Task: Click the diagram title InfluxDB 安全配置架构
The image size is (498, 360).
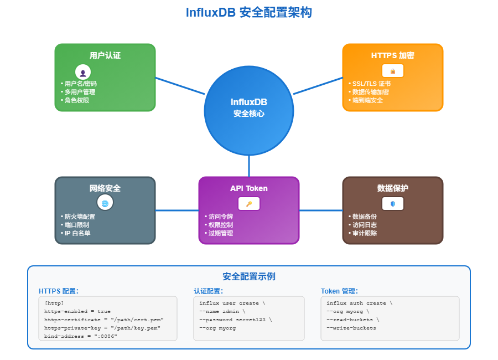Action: click(x=249, y=12)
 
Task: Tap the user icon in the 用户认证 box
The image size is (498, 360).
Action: click(x=83, y=72)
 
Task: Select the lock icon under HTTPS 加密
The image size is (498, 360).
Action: click(x=393, y=71)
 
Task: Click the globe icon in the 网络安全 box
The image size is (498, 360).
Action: click(x=105, y=203)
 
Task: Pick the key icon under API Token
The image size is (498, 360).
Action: click(x=249, y=204)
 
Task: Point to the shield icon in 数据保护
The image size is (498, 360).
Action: click(x=393, y=203)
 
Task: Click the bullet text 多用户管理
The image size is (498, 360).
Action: click(x=80, y=92)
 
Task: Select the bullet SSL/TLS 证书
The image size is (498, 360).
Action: click(x=371, y=84)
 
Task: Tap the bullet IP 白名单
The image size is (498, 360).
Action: click(x=77, y=233)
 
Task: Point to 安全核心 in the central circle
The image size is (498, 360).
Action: click(x=249, y=114)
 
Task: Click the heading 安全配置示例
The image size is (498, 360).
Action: click(x=249, y=276)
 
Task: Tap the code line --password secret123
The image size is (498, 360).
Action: click(x=236, y=320)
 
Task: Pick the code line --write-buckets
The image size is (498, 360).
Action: click(x=351, y=328)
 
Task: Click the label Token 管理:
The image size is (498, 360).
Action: click(x=339, y=291)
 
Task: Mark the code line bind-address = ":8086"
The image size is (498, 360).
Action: click(x=81, y=336)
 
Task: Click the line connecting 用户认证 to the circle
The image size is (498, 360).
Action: click(x=180, y=86)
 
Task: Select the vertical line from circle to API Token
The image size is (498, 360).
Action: click(x=249, y=166)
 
